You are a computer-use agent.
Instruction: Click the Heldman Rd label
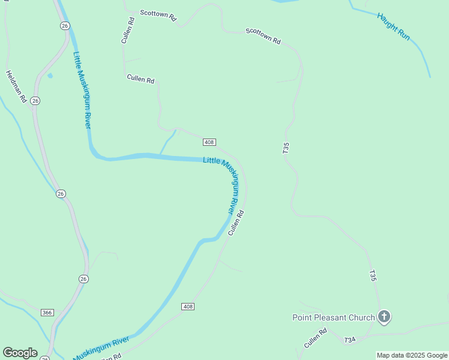[x=16, y=86]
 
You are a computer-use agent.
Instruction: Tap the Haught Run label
[x=393, y=26]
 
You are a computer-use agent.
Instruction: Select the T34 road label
[x=350, y=340]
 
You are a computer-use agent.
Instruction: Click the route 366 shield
[x=47, y=313]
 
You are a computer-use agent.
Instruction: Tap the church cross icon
[x=384, y=317]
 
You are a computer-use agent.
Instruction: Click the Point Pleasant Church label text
[x=333, y=317]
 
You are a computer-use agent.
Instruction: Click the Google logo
[x=20, y=352]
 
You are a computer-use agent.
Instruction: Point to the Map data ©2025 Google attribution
[x=412, y=355]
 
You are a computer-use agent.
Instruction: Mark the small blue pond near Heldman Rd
[x=49, y=76]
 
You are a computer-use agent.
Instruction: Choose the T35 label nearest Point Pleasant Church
[x=373, y=276]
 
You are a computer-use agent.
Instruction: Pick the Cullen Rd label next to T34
[x=315, y=338]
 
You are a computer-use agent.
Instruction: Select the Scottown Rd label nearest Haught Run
[x=263, y=37]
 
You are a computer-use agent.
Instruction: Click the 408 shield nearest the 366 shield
[x=188, y=307]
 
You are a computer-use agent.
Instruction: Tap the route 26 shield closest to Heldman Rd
[x=35, y=100]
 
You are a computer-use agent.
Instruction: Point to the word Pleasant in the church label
[x=340, y=317]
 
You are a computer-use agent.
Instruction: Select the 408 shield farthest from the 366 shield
[x=209, y=142]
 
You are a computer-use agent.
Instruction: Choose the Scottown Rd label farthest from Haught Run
[x=158, y=16]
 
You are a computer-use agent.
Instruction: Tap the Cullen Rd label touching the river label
[x=236, y=222]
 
